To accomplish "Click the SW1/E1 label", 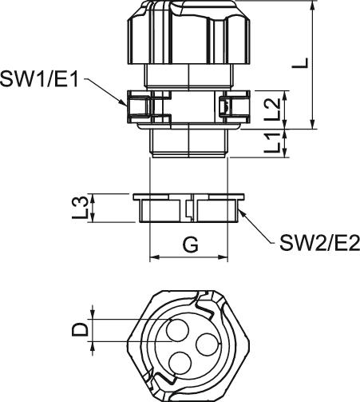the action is (39, 79).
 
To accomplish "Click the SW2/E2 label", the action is (319, 243).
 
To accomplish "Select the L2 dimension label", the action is (272, 109).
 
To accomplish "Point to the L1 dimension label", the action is (272, 143).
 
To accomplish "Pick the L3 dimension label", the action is (80, 208).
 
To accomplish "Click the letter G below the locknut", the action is (191, 245).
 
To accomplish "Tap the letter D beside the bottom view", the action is (80, 330).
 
